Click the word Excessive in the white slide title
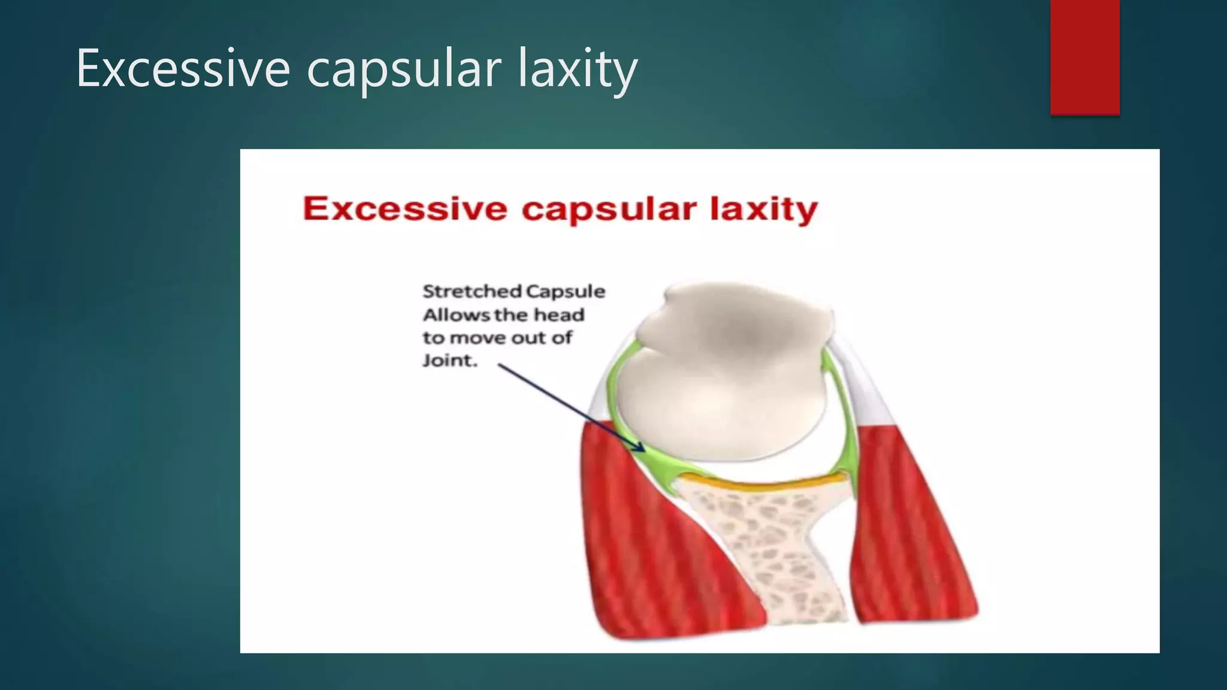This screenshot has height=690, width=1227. click(x=183, y=68)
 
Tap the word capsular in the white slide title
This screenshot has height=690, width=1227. click(x=403, y=68)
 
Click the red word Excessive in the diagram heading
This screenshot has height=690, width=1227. click(x=405, y=209)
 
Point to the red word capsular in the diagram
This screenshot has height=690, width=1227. click(x=609, y=209)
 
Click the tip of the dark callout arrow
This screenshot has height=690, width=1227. click(x=643, y=450)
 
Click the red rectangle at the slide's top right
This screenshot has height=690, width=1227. click(x=1084, y=57)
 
